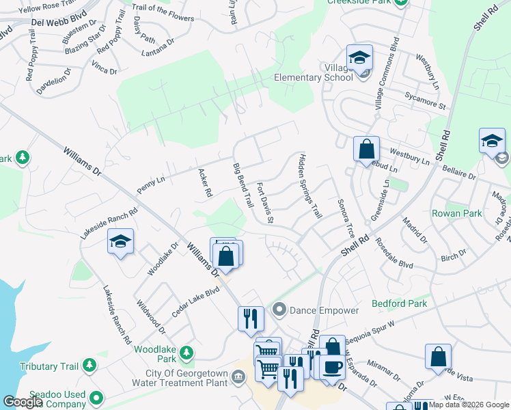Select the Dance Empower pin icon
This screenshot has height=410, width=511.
(x=279, y=310)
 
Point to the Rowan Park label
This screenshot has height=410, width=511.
(x=456, y=213)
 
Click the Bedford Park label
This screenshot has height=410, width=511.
(x=399, y=303)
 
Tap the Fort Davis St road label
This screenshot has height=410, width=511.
(x=264, y=202)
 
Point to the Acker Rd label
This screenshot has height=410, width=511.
(x=204, y=183)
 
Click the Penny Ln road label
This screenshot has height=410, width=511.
(x=151, y=184)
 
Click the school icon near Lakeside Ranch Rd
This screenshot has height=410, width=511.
(x=120, y=242)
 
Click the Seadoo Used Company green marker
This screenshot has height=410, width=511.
(x=97, y=397)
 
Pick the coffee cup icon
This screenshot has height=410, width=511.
(x=332, y=366)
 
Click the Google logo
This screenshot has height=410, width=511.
(x=23, y=402)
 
